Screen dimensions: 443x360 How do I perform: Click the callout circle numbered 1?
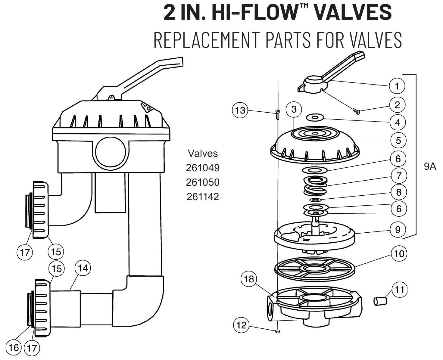[397, 86]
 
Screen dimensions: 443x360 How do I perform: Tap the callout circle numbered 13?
[240, 110]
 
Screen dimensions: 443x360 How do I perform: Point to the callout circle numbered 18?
[249, 279]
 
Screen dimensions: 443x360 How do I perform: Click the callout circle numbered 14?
[83, 268]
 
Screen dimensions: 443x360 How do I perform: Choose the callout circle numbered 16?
[14, 348]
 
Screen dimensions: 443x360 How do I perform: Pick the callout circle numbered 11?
[399, 290]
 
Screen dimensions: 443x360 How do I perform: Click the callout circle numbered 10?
[399, 253]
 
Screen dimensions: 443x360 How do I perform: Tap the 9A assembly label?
[430, 166]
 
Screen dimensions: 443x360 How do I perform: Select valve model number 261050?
[203, 182]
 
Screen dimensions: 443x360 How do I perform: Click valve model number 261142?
[203, 197]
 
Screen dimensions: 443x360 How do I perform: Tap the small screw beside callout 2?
[356, 111]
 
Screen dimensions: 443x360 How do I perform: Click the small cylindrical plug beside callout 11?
[380, 301]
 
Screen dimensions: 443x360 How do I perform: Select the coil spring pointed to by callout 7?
[316, 186]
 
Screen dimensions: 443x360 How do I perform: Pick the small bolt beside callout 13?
[278, 114]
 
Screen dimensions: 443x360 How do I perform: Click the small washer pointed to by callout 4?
[315, 118]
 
